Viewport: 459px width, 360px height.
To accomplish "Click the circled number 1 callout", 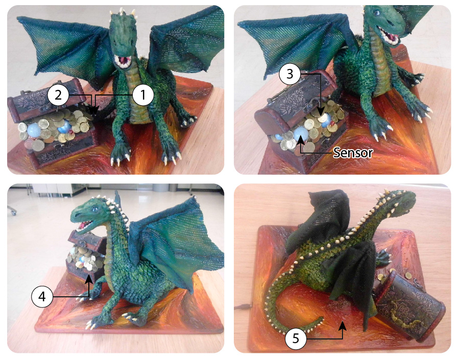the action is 143,95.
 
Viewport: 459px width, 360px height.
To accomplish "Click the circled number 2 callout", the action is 58,95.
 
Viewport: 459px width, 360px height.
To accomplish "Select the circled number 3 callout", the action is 290,74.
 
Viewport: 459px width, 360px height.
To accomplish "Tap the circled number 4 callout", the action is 42,297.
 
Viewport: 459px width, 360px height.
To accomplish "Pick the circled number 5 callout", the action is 296,339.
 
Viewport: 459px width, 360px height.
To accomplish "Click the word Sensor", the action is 353,153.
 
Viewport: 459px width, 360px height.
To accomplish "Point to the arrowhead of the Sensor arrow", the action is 300,139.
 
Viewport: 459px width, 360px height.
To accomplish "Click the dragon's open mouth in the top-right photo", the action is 388,35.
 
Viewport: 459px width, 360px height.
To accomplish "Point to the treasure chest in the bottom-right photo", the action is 409,306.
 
